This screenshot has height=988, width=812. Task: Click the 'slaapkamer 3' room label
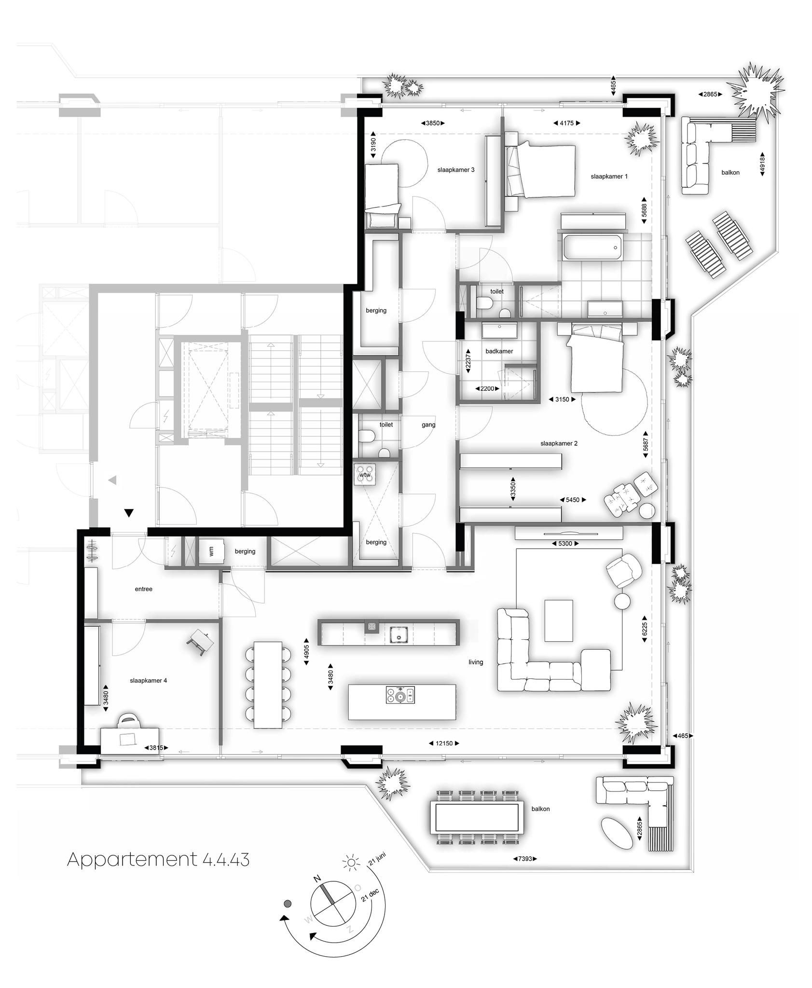tap(455, 170)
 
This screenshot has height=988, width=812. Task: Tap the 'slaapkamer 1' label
tap(609, 177)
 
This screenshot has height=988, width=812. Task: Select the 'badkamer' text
tap(499, 351)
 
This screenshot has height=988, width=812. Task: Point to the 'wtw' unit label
tap(365, 475)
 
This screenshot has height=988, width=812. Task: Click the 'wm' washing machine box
tap(212, 551)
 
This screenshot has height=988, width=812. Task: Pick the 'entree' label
tap(143, 589)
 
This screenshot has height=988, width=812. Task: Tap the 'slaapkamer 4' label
tap(148, 681)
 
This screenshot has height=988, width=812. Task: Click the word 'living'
tap(476, 662)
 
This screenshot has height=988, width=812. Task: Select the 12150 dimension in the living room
tap(444, 743)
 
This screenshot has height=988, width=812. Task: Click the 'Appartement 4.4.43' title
tap(158, 860)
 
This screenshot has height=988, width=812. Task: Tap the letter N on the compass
tap(317, 878)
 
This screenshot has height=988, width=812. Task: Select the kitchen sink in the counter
tap(399, 635)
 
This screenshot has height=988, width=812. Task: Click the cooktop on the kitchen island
tap(400, 695)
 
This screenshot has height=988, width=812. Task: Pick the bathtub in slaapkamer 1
tap(592, 248)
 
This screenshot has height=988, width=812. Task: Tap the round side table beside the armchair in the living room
tap(622, 601)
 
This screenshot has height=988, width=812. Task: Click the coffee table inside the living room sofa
tap(559, 620)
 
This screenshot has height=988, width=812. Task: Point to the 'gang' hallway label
tap(428, 425)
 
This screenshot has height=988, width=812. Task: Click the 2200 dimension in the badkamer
tap(487, 388)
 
